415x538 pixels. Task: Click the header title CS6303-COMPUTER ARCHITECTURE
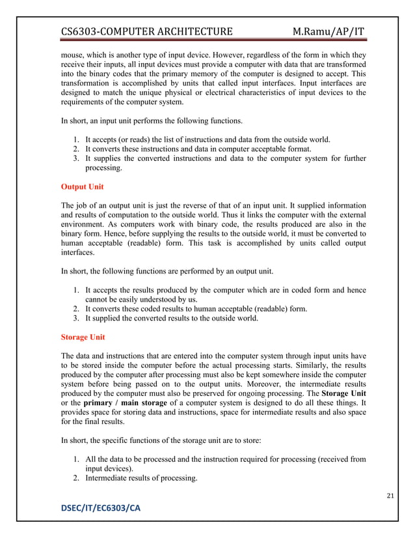(146, 31)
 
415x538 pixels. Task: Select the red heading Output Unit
(82, 186)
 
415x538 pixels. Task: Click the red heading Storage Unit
(83, 337)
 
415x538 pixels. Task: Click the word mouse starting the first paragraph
(72, 56)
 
